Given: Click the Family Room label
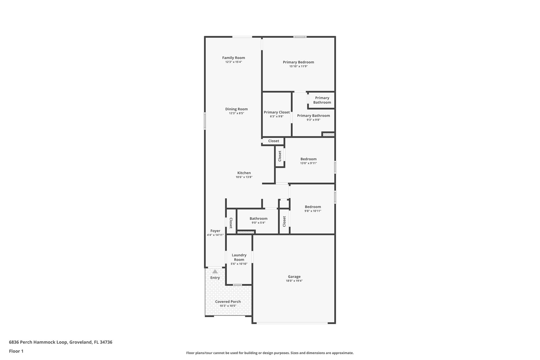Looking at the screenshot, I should [233, 58].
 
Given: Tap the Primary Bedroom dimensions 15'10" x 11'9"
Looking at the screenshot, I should [298, 66].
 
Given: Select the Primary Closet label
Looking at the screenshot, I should [277, 112].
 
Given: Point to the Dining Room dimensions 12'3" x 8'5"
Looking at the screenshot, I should [236, 113].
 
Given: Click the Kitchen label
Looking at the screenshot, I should [244, 173].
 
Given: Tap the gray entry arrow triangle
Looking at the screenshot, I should [215, 271].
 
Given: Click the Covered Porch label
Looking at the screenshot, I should [228, 302].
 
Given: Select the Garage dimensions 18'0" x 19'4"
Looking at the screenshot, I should [294, 281].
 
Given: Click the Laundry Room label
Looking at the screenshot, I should [239, 257].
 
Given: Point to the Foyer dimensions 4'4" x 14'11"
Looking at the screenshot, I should [215, 235].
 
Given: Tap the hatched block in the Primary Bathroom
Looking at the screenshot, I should [328, 135].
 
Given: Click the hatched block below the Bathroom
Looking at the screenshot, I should [245, 232].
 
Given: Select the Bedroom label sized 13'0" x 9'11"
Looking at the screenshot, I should [308, 159].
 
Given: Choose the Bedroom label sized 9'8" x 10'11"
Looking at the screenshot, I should [313, 207].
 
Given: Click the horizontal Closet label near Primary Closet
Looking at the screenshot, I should [273, 141].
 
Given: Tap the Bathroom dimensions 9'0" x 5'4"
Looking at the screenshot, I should [258, 223].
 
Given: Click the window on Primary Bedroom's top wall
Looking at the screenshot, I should [300, 37].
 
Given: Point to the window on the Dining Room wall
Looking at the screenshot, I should [205, 121].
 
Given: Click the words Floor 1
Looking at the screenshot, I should [16, 351].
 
